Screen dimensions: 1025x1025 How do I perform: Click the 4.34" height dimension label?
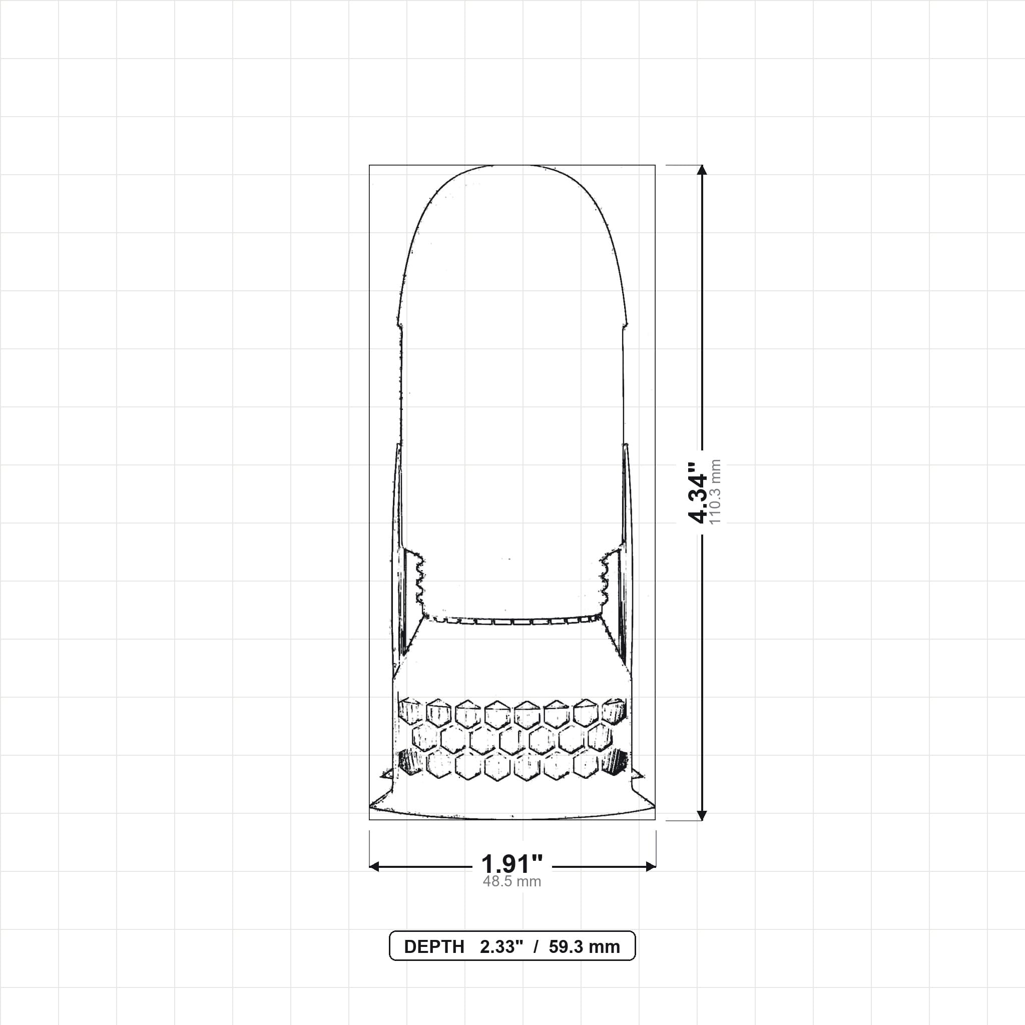point(697,492)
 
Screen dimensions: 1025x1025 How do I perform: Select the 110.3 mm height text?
point(715,492)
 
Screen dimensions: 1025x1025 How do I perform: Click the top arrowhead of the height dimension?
point(702,170)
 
